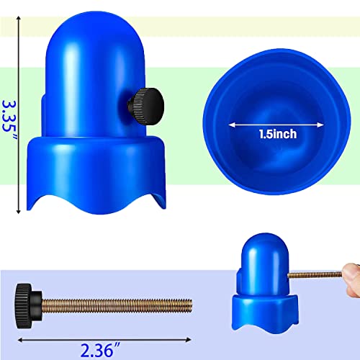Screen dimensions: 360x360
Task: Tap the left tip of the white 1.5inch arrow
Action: [231, 123]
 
